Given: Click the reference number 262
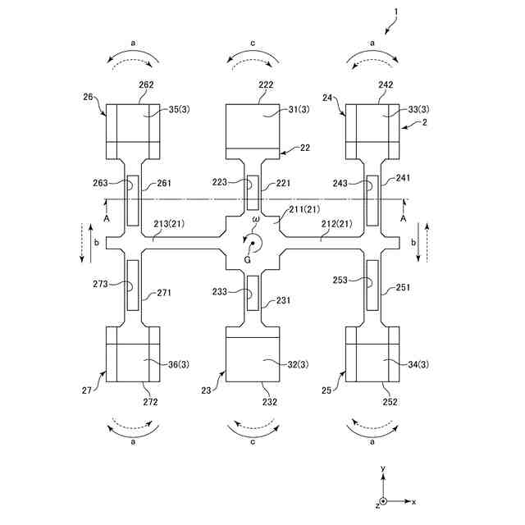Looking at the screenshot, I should [146, 84].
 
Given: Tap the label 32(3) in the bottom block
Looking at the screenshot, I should [273, 364].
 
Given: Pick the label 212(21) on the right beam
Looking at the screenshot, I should [336, 223].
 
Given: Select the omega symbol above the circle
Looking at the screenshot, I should [255, 220].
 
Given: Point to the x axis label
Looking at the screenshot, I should [414, 501].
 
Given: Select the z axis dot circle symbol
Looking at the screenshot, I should [383, 500].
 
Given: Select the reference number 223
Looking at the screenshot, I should [219, 182].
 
